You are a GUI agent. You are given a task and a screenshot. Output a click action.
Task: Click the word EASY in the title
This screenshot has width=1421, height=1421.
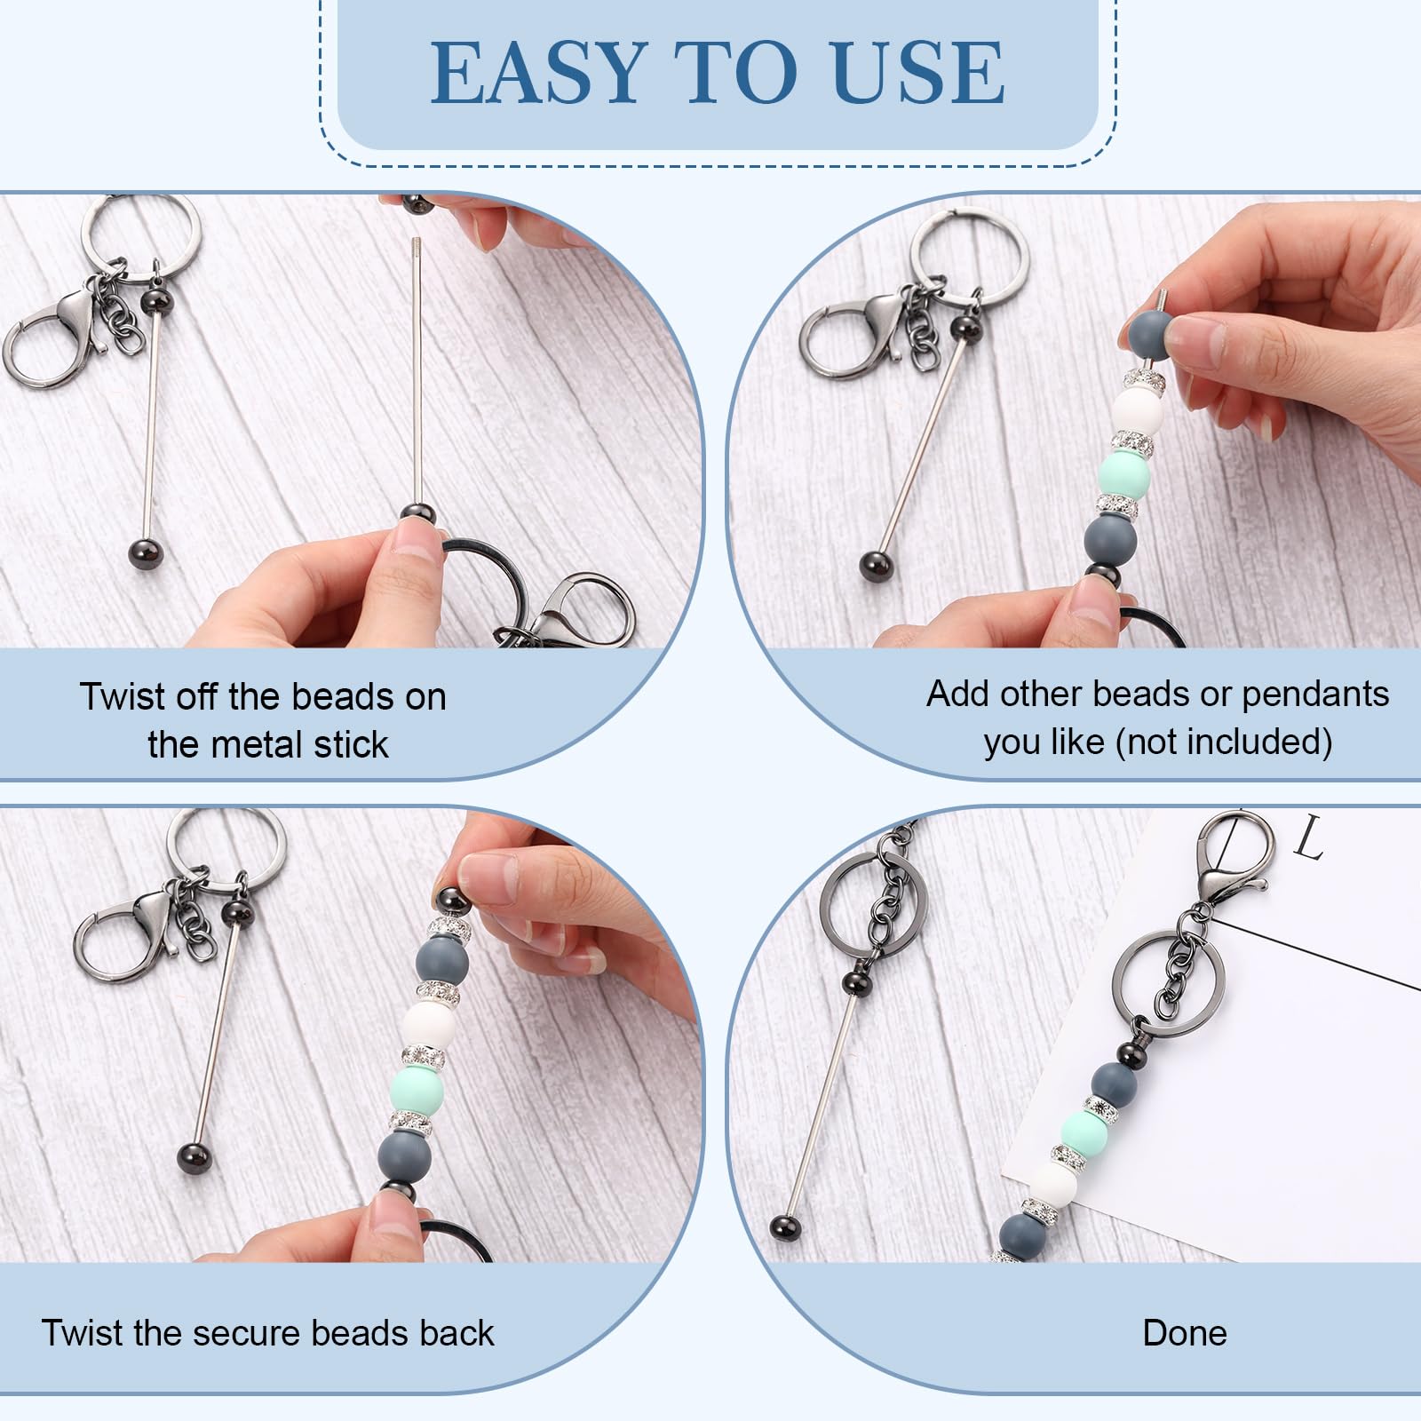click(537, 72)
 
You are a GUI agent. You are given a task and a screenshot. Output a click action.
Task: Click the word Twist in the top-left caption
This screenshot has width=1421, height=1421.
click(122, 697)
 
